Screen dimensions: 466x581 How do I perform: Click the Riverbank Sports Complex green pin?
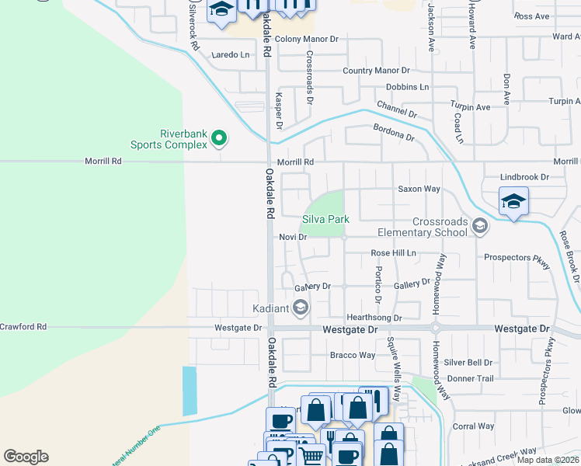(x=219, y=139)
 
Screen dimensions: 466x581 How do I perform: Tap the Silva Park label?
(x=325, y=220)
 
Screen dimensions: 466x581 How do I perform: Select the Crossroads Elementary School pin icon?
(x=479, y=226)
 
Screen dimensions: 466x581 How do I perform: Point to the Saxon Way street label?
(x=419, y=189)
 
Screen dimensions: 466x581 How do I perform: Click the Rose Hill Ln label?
(x=393, y=253)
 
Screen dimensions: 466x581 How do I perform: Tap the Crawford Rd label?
(x=23, y=327)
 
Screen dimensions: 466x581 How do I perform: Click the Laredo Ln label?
(x=231, y=55)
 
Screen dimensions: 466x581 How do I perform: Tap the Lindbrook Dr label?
(x=524, y=177)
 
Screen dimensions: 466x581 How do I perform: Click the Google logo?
(x=26, y=457)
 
